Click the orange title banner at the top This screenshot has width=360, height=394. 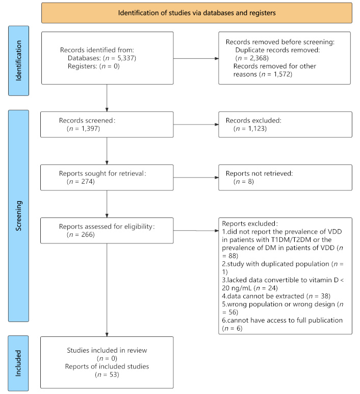coord(196,13)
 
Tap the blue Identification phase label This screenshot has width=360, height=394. coord(18,61)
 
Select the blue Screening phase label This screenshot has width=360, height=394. coord(18,215)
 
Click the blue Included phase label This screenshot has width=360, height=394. coord(18,363)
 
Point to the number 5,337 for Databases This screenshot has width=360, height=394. coord(125,58)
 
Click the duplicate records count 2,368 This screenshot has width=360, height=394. coord(258,58)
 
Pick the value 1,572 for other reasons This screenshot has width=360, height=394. coord(282,74)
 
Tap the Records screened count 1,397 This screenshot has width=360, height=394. coord(90,129)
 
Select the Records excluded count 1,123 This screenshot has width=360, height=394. coord(256,129)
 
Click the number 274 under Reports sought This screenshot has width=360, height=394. coord(87,181)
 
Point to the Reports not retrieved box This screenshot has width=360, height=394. coord(285,178)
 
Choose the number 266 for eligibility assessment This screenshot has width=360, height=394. coord(87,234)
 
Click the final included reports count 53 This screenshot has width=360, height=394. coord(113,375)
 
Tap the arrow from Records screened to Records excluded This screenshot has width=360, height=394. coord(196,125)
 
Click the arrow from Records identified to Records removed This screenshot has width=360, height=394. coord(196,58)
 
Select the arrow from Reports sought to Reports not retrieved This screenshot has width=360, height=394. coord(196,178)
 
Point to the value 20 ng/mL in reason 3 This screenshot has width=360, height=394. coord(237,288)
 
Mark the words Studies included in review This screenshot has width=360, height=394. coord(107,350)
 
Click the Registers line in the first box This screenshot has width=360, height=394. coord(94,66)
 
